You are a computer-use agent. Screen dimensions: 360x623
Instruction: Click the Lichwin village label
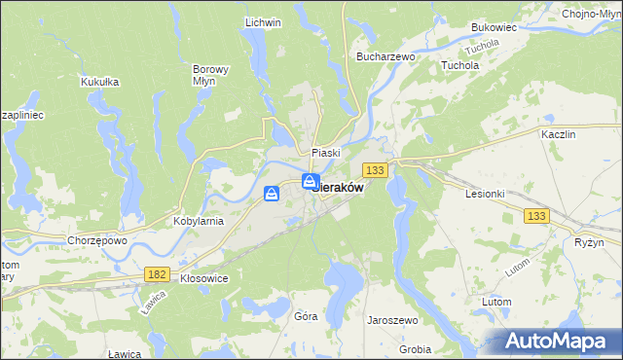click(263, 22)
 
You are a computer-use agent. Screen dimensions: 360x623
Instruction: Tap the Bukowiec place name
click(493, 28)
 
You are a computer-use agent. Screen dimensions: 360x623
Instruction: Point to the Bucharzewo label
click(386, 57)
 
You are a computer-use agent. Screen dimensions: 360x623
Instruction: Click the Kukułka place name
click(100, 82)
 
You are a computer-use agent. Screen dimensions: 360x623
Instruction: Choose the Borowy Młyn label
click(210, 76)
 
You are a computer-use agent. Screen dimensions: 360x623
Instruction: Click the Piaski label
click(325, 153)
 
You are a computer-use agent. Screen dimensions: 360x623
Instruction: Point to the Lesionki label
click(484, 193)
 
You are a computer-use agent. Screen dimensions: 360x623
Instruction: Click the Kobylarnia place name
click(199, 221)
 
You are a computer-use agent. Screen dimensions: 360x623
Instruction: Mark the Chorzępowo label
click(97, 239)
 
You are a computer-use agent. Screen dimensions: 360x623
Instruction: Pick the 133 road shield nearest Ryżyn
click(535, 216)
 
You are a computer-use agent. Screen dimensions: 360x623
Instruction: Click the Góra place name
click(306, 316)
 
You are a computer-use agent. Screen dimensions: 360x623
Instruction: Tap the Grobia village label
click(415, 348)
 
